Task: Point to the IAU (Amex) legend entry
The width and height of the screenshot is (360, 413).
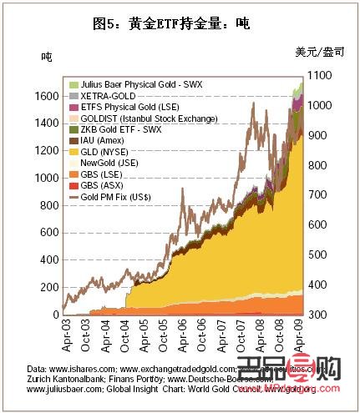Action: coord(100,141)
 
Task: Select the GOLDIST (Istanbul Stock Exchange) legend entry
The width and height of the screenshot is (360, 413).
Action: coord(139,119)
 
